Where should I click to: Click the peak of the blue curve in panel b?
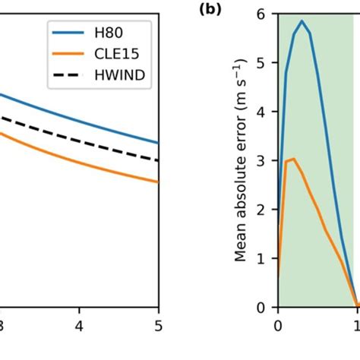tap(302, 21)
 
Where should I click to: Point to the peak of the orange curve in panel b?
tap(294, 159)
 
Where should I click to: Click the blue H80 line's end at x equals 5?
tap(158, 142)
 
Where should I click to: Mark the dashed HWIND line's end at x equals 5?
tap(158, 160)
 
